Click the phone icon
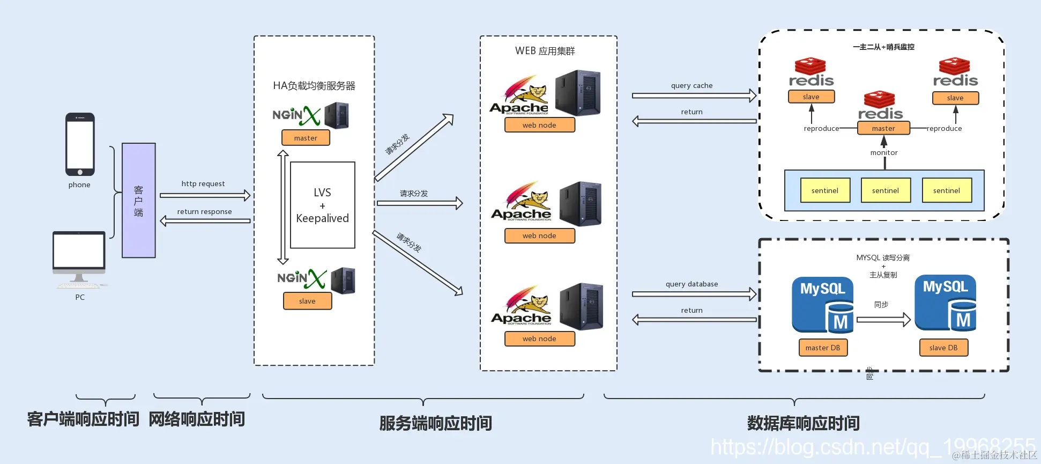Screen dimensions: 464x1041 (80, 144)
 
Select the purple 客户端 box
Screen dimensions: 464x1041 (138, 200)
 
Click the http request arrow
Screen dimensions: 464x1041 (205, 195)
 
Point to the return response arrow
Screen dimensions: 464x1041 (205, 220)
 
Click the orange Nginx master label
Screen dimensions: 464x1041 (306, 138)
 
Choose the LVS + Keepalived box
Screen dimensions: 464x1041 (322, 205)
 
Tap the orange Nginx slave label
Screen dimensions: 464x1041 (307, 301)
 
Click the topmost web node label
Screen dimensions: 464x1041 (539, 125)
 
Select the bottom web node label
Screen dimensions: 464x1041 (539, 338)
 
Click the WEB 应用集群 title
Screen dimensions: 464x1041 (545, 51)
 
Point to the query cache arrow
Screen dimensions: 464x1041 (694, 95)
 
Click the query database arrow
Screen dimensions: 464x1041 (694, 294)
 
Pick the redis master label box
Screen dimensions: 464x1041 (883, 128)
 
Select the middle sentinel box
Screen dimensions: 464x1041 (886, 190)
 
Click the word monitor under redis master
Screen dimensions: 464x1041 (884, 152)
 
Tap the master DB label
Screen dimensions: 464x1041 (823, 348)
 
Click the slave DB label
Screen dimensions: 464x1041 (943, 348)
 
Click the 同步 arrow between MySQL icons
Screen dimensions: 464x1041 (883, 320)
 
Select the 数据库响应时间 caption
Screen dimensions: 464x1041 (803, 423)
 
